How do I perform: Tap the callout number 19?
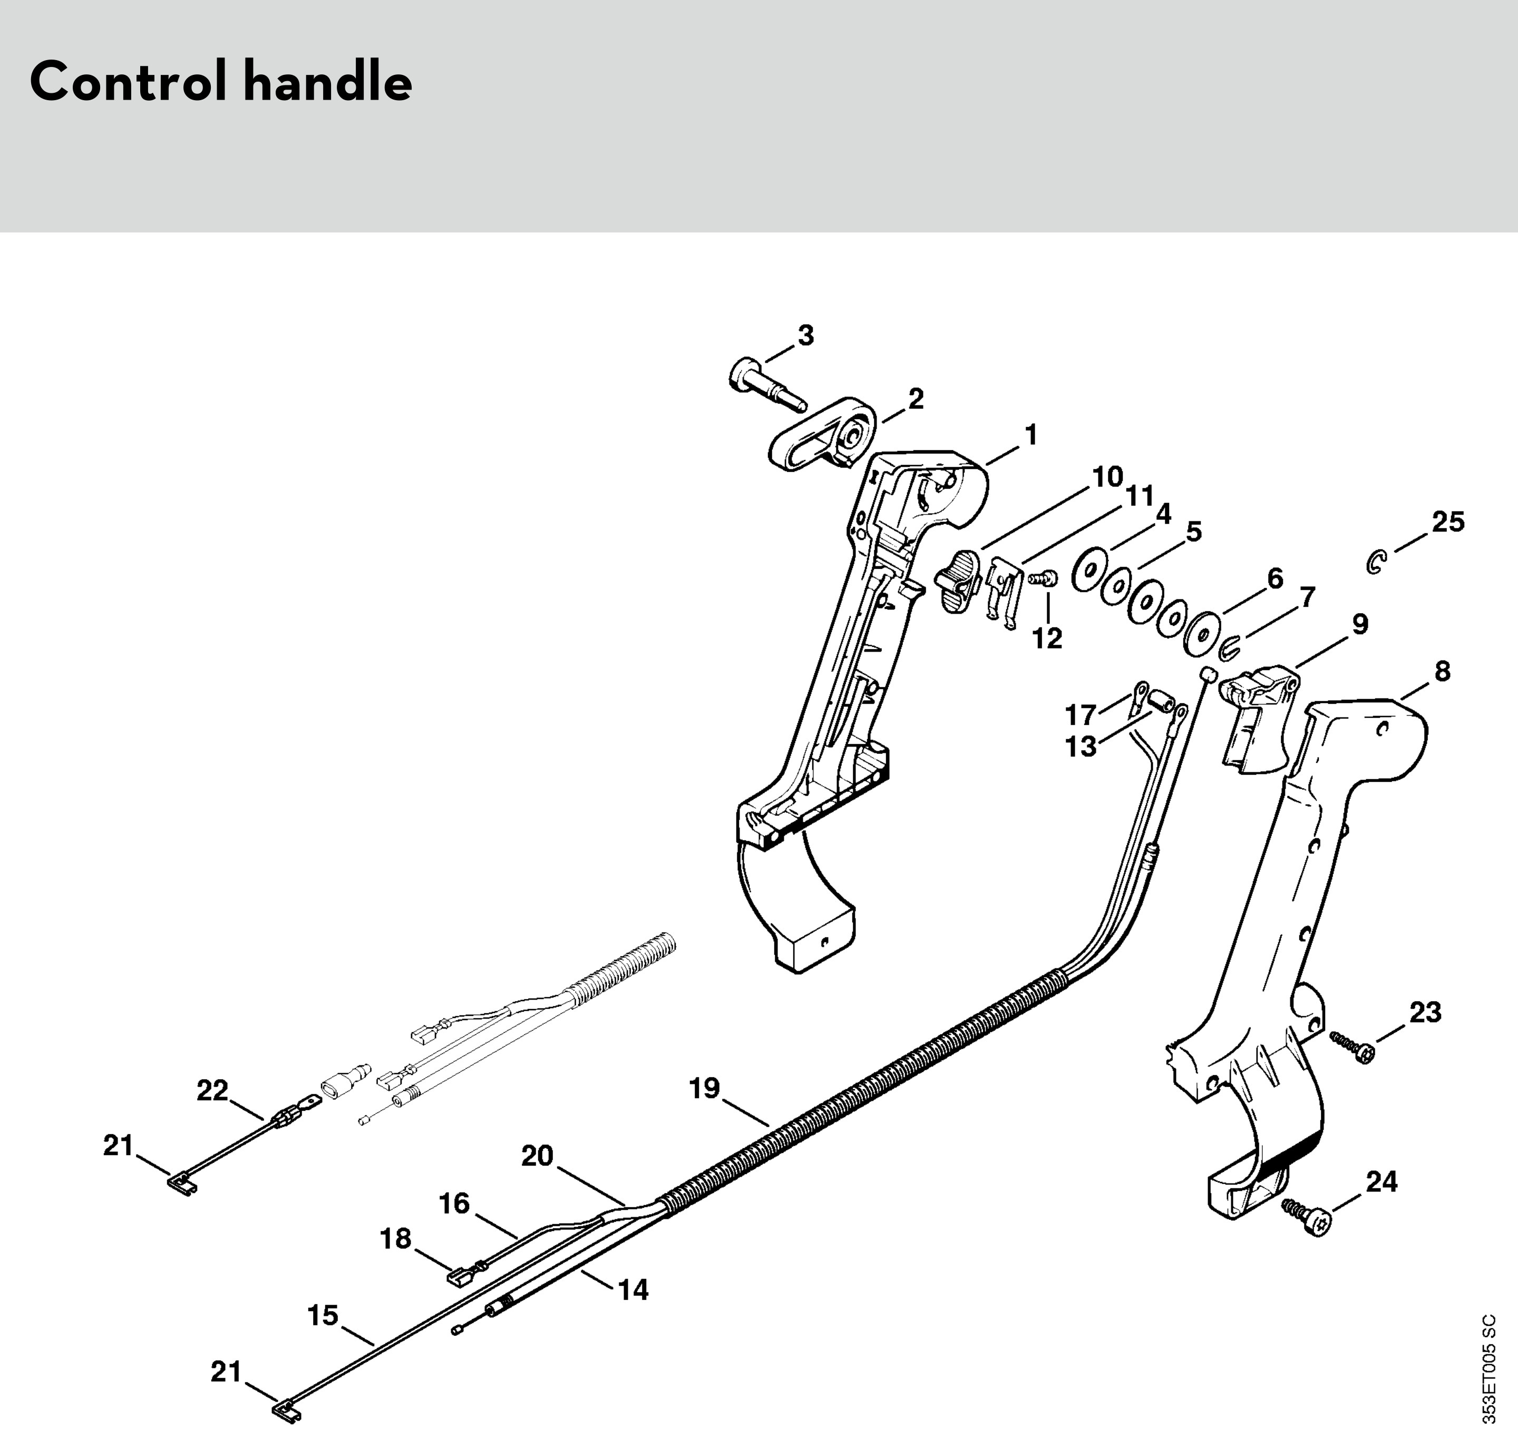tap(705, 1088)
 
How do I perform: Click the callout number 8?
tap(1442, 671)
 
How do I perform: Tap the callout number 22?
tap(212, 1090)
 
